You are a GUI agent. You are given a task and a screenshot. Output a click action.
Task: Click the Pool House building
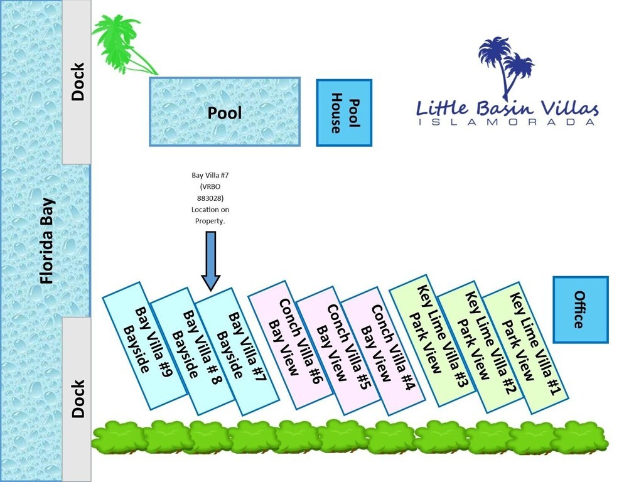(x=344, y=113)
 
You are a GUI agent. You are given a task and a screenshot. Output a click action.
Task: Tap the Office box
(x=580, y=309)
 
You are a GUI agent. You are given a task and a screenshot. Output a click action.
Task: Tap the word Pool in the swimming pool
(x=224, y=113)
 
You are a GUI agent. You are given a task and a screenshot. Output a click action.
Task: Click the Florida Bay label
(x=46, y=240)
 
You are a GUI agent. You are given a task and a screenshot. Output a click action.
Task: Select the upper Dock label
(x=78, y=82)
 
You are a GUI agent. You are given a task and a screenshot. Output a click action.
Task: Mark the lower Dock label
(x=78, y=399)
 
